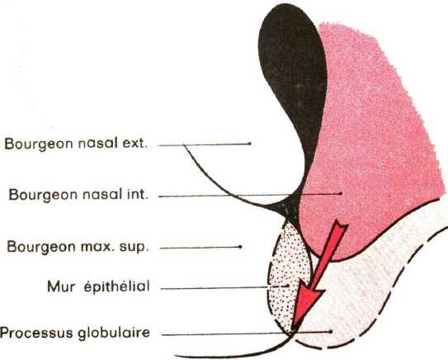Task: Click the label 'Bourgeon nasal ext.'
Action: [x=76, y=144]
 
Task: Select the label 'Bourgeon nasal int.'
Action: [x=78, y=195]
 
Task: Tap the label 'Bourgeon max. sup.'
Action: [x=78, y=247]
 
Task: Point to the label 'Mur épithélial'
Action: [x=98, y=287]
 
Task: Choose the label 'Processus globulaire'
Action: [x=75, y=333]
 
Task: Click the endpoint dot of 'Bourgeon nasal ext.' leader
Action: [x=250, y=143]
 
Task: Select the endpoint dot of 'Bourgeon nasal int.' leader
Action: [x=341, y=193]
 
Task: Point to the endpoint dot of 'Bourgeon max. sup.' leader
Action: [x=241, y=247]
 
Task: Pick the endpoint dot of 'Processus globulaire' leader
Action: [x=331, y=332]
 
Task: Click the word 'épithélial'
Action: [x=117, y=287]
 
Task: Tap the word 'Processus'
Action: [x=36, y=333]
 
